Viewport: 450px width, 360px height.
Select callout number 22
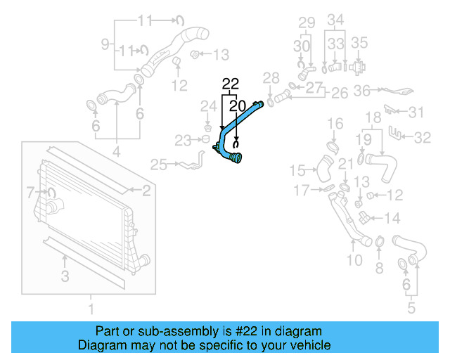tap(231, 85)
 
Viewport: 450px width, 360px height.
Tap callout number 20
tap(237, 105)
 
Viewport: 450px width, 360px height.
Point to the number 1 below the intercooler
tap(90, 307)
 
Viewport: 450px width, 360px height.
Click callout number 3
tap(65, 276)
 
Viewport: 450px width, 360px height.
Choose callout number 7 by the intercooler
tap(30, 191)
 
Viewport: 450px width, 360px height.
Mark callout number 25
tap(158, 165)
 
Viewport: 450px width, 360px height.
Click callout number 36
tap(362, 90)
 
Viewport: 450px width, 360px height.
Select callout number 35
tap(359, 42)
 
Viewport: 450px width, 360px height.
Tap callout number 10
tap(355, 261)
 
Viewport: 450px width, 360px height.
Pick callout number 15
tap(298, 170)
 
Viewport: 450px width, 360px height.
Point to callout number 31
tap(417, 112)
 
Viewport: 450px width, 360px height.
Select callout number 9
tap(105, 45)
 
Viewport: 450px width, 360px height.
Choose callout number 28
tap(271, 77)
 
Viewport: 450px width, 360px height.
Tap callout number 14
tap(392, 218)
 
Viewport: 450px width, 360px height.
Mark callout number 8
tap(379, 267)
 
